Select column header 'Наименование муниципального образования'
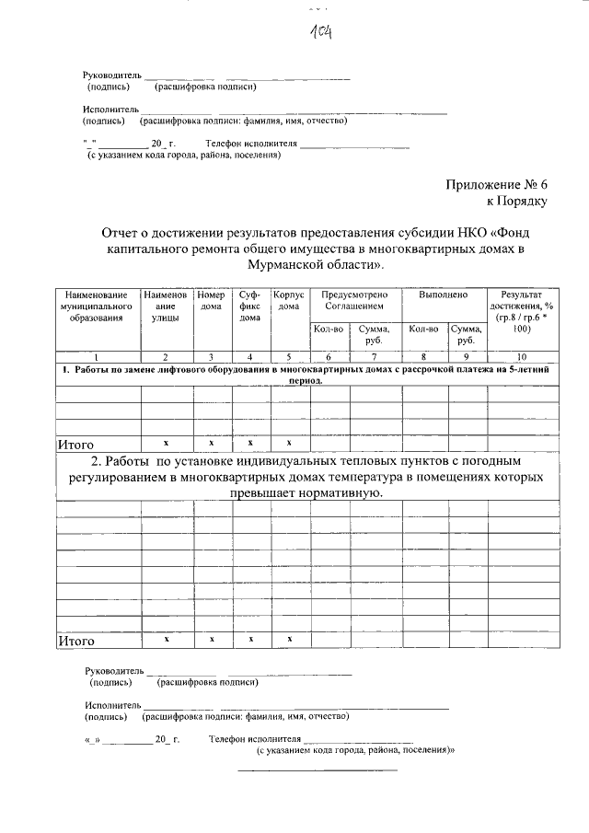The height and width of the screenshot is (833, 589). (97, 306)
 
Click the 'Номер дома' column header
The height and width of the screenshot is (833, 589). (212, 300)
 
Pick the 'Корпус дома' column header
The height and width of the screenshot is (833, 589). (289, 300)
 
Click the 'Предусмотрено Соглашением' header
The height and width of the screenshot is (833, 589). (349, 300)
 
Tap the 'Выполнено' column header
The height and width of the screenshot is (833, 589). (444, 295)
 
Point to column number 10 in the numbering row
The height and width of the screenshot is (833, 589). (522, 356)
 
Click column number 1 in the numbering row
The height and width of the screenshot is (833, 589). (97, 356)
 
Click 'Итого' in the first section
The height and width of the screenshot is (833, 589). (76, 444)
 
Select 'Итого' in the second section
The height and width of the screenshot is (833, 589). (76, 640)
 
